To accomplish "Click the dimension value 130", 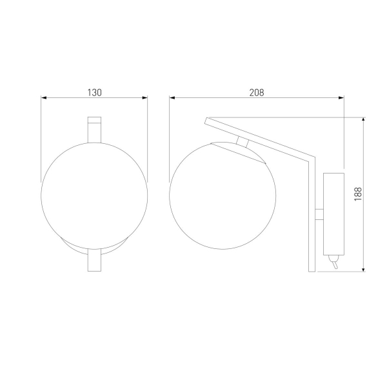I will tap(94, 92).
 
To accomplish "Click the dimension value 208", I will tap(257, 92).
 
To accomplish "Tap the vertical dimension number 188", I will tap(358, 194).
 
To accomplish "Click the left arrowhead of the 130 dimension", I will tap(44, 99).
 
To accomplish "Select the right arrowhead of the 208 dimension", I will tap(341, 99).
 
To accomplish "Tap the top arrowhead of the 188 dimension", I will tap(364, 121).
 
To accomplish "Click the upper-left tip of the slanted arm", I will tap(206, 120).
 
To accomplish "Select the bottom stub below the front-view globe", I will tap(94, 261).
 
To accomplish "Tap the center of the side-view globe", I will tap(223, 193).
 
